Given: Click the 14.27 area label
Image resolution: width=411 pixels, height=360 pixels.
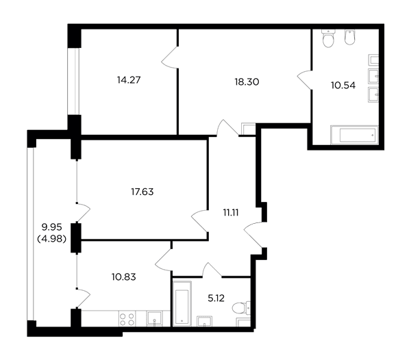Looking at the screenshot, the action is click(x=129, y=80).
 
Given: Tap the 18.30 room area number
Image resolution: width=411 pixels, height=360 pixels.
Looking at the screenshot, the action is click(x=247, y=82).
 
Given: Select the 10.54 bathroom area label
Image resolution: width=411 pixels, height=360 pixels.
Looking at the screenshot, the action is click(x=343, y=86).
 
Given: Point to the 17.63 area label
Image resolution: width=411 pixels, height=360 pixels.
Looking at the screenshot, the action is click(x=142, y=192).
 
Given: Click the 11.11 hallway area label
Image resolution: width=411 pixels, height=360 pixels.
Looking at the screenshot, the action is click(x=231, y=213).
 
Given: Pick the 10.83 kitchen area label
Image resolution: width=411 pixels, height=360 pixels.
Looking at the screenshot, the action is click(x=124, y=277).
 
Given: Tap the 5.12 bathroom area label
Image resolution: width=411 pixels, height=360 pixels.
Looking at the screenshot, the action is click(x=216, y=298).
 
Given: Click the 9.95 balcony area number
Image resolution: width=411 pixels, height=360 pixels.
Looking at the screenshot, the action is click(x=51, y=227).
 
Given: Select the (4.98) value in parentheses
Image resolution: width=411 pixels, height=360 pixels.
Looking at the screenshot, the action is click(x=51, y=239).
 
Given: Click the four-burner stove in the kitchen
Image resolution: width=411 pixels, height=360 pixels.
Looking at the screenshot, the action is click(x=127, y=319).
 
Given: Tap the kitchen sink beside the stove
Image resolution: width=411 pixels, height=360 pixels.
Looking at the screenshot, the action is click(x=154, y=318).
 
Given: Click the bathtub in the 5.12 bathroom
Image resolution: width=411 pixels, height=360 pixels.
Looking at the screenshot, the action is click(x=182, y=303).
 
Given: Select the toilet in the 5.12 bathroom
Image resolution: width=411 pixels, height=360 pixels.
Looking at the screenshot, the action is click(x=241, y=307).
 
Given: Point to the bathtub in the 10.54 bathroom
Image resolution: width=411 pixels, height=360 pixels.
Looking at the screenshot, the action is click(x=354, y=135).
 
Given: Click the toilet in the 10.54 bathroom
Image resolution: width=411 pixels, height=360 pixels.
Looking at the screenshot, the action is click(x=328, y=38).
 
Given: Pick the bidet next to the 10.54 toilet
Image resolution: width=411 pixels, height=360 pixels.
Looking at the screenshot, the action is click(x=350, y=38).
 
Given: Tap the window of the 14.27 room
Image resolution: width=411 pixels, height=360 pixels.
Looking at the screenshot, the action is click(x=73, y=81).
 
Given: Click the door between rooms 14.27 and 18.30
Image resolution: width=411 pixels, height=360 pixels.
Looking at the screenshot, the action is click(x=170, y=57).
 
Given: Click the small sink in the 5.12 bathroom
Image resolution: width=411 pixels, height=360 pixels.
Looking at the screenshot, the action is click(x=204, y=321).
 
